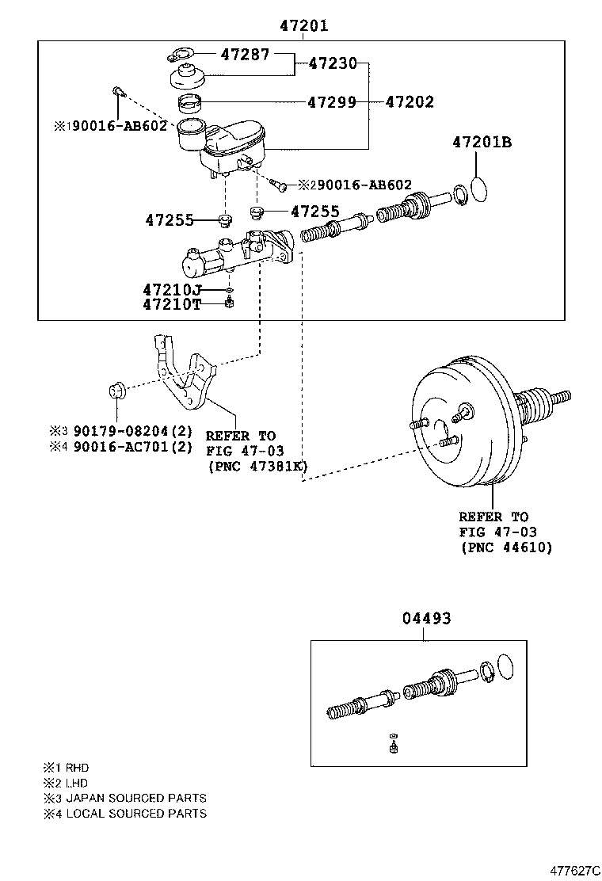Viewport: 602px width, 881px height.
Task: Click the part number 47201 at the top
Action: [x=303, y=26]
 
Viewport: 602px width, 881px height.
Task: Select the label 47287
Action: [x=245, y=55]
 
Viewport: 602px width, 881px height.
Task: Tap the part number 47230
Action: [x=333, y=63]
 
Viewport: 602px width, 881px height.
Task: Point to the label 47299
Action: [x=331, y=102]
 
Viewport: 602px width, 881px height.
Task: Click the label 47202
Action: [x=410, y=102]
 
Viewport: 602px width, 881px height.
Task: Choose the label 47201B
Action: [x=482, y=143]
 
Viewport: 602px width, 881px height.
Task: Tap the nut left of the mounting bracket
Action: [x=116, y=391]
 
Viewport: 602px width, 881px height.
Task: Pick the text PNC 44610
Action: [x=505, y=547]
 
